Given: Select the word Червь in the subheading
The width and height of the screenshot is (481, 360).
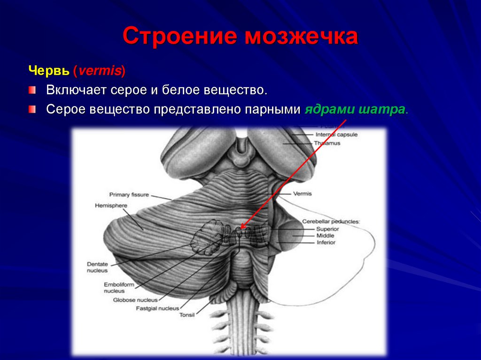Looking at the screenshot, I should [x=49, y=71].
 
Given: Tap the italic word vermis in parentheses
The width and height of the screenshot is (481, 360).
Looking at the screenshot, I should [x=100, y=71].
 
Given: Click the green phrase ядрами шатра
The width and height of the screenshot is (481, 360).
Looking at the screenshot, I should [x=355, y=109].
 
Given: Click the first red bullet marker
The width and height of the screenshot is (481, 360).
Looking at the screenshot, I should [x=32, y=89].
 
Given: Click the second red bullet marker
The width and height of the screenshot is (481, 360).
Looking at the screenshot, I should [x=32, y=109].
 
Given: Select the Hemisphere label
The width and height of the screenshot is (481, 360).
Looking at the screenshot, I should [x=109, y=206].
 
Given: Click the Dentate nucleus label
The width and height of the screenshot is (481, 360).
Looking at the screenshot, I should [x=97, y=267].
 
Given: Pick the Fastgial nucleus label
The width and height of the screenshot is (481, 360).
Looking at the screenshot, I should [x=157, y=308].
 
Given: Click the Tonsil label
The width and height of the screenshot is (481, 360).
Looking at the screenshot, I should [x=187, y=315].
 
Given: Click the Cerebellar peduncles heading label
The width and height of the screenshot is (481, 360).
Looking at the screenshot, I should [x=331, y=221].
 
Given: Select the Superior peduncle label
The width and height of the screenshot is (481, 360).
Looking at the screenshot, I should [x=327, y=229].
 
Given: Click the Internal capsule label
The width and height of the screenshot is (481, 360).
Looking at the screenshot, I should [x=336, y=134].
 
